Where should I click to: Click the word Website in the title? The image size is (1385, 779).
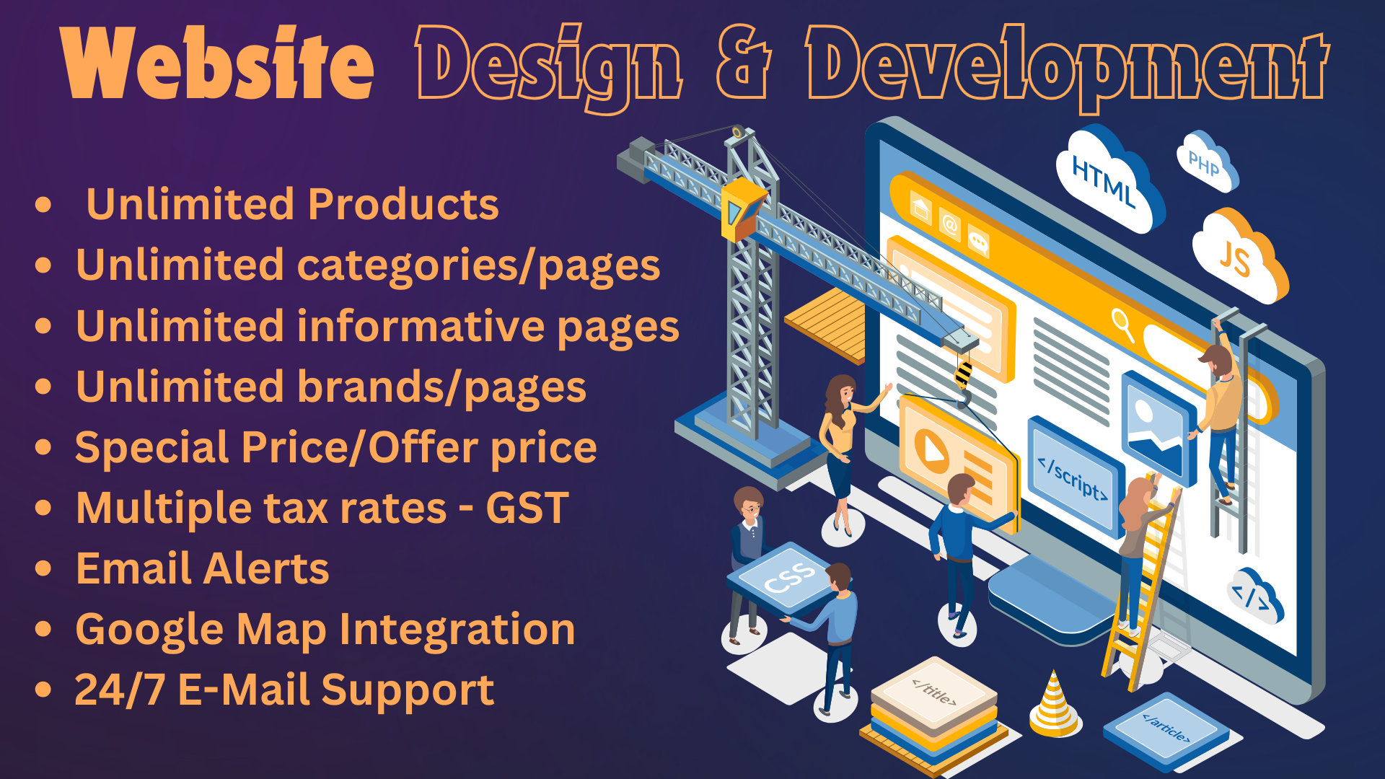[217, 63]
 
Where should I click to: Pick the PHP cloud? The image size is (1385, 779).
[1206, 162]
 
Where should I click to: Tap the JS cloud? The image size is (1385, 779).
[1239, 256]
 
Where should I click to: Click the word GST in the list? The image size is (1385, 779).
[527, 508]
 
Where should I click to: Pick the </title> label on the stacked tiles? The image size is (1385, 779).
[934, 694]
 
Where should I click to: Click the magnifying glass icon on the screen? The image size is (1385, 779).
[1122, 324]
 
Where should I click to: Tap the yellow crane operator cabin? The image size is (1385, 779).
[742, 209]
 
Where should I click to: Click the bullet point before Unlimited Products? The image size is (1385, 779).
[43, 204]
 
